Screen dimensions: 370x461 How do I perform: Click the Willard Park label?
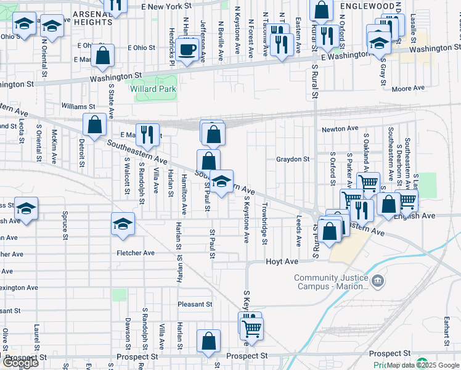pos(153,89)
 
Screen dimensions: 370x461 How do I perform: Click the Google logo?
pos(20,363)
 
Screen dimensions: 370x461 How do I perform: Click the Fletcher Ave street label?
pos(136,253)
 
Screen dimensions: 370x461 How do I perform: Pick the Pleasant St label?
pos(195,304)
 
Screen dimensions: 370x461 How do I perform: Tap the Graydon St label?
pos(292,159)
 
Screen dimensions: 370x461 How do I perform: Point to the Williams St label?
pos(78,106)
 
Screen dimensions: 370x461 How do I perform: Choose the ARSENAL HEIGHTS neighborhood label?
pos(92,17)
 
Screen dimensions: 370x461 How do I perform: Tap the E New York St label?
pos(168,6)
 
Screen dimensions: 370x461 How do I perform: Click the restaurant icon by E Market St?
pos(146,133)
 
